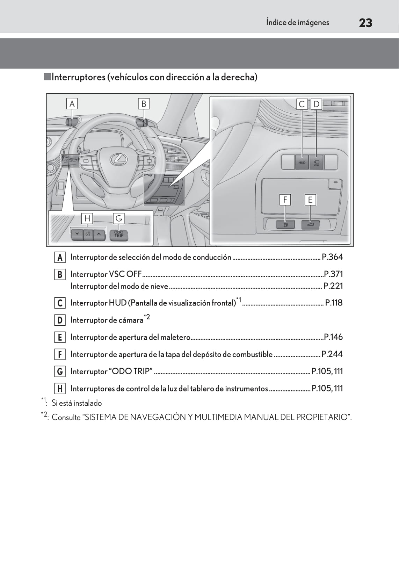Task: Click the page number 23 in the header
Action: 365,23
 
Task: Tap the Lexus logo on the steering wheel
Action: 119,159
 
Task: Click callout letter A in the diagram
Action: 72,104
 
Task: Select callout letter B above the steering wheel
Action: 144,104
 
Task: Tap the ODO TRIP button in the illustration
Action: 119,234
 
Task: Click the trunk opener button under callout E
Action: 310,225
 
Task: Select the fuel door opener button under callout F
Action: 285,225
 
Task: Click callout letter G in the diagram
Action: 119,218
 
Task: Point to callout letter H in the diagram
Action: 87,218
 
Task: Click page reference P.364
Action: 332,257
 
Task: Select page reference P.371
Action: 333,274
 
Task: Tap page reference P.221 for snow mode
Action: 333,286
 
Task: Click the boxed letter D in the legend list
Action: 60,320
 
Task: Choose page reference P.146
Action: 333,337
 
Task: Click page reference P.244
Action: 332,354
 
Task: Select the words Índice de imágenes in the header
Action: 297,22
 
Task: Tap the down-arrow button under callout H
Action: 77,234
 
